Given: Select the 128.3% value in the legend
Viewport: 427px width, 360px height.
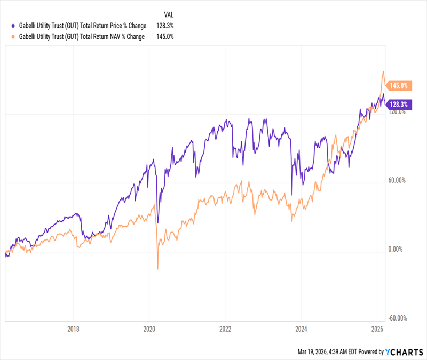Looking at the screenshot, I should (165, 25).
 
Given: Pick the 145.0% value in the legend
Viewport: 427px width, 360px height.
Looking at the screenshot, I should (165, 36).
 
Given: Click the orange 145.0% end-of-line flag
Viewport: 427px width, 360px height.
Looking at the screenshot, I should (398, 85).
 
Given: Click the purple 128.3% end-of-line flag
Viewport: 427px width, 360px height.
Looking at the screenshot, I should (398, 105).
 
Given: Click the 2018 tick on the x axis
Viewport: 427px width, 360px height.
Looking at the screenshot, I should (74, 329).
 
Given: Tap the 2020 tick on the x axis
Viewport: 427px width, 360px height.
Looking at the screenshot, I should (149, 329).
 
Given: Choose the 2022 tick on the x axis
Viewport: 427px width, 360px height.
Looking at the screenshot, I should (225, 329).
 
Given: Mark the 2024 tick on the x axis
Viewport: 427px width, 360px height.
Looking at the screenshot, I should (301, 329).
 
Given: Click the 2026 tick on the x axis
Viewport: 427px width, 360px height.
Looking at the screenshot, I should (377, 329).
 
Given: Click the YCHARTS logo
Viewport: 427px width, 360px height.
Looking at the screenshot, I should (405, 352).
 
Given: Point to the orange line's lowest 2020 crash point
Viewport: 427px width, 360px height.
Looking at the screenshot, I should (157, 269).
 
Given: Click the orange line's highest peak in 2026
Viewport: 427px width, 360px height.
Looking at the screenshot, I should (383, 71).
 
